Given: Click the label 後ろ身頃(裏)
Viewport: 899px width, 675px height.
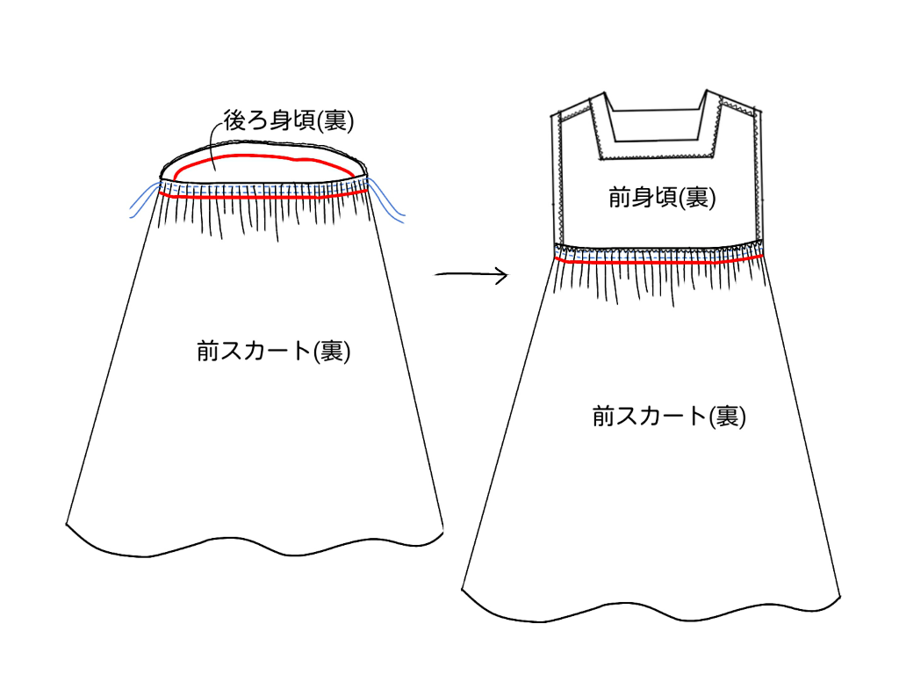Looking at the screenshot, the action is coord(288,121).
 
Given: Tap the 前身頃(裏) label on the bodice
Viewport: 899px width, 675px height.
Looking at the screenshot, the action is coord(662,198).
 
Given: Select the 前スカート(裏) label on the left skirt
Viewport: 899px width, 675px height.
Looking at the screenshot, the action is coord(274,352).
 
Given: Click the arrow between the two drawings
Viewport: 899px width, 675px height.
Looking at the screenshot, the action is coord(471,276).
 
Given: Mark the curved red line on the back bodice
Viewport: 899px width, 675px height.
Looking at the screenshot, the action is coord(263,158).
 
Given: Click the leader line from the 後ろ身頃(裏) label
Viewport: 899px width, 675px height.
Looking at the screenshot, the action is coord(216,141).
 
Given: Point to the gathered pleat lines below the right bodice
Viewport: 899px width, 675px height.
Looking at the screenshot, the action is coord(658,281).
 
